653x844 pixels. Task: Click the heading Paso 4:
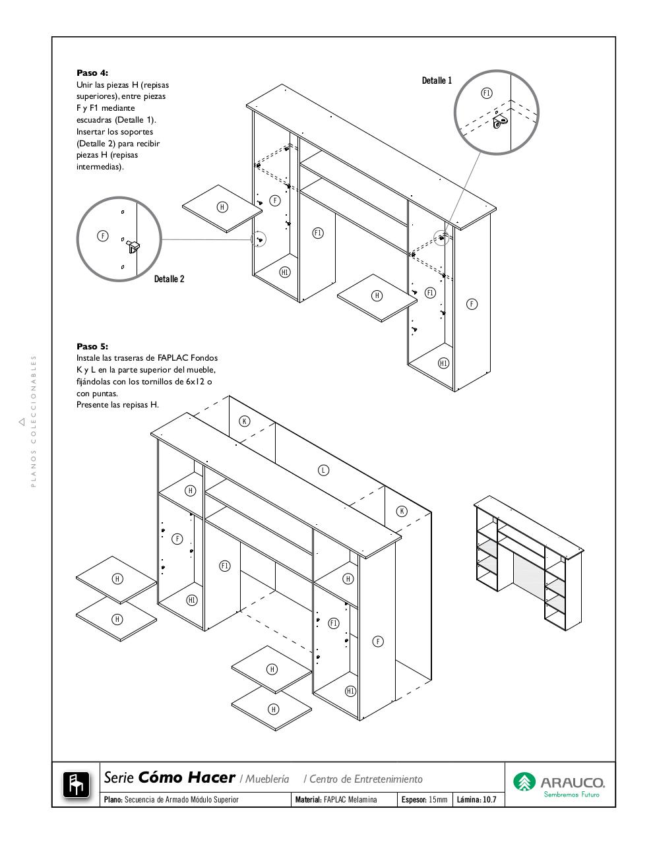pos(92,73)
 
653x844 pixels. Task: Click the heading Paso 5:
pos(92,346)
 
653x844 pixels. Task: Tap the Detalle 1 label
pos(437,80)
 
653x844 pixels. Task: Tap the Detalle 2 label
pos(169,279)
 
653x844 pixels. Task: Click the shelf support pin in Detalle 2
pos(133,246)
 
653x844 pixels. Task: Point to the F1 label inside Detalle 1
pos(487,93)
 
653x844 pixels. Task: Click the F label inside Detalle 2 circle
pos(103,235)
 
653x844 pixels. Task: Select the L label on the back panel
pos(323,470)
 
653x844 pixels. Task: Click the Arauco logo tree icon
pos(524,782)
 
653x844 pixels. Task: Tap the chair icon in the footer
pos(76,784)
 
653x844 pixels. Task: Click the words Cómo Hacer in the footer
pos(187,778)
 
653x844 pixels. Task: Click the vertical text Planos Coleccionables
pos(34,422)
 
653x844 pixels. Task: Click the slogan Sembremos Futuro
pos(571,795)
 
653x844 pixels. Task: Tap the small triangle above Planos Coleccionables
pos(22,421)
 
